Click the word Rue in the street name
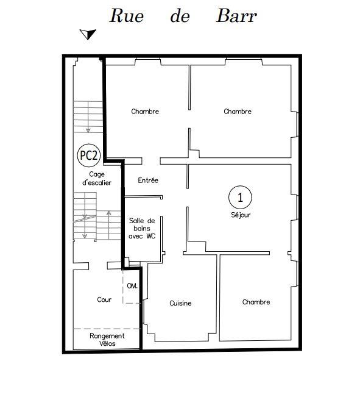click(127, 16)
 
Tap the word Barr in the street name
click(236, 16)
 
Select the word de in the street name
click(180, 16)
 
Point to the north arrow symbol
click(89, 34)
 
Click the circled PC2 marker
click(88, 156)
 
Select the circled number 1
click(240, 197)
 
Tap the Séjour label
click(241, 215)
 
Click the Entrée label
click(148, 181)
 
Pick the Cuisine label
click(180, 303)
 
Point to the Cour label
click(104, 300)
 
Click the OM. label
click(132, 285)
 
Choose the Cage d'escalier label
click(96, 179)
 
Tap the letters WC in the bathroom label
click(150, 237)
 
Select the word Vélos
click(107, 344)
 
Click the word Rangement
click(107, 336)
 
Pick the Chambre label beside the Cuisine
click(256, 302)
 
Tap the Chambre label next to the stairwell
click(145, 112)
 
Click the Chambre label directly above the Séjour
click(238, 112)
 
